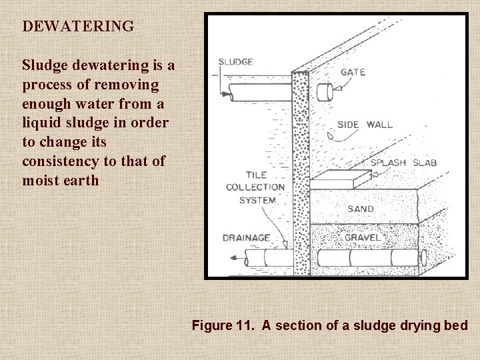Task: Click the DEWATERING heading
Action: (78, 27)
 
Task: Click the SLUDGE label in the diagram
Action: (235, 62)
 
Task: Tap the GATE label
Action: (353, 71)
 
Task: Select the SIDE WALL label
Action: (365, 124)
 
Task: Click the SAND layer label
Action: (361, 209)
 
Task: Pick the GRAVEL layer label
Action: (363, 237)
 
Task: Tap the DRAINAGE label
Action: (246, 237)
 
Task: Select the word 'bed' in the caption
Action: (456, 325)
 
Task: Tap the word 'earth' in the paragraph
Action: (80, 180)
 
